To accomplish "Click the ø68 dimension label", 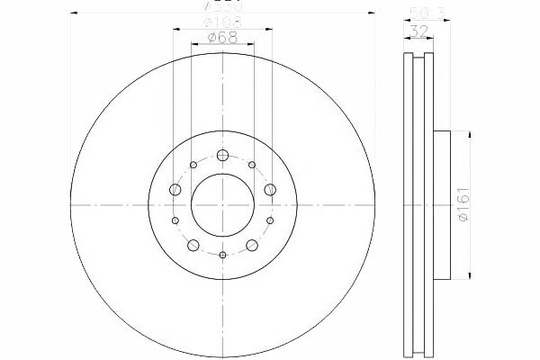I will click(221, 37).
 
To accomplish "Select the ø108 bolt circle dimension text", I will click(221, 21).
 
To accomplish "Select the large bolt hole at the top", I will click(222, 155).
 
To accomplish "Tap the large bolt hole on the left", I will click(175, 189).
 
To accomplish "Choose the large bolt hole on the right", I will click(270, 189).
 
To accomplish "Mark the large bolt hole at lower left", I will click(193, 246).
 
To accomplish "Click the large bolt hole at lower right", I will click(252, 246).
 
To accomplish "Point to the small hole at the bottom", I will click(222, 254).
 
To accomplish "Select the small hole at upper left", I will click(193, 165).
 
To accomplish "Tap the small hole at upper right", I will click(251, 165).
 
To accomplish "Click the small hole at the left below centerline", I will click(175, 220).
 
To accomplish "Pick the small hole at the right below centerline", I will click(269, 220).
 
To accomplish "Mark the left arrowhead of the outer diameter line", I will click(73, 13).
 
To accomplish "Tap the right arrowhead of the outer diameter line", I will click(372, 13).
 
